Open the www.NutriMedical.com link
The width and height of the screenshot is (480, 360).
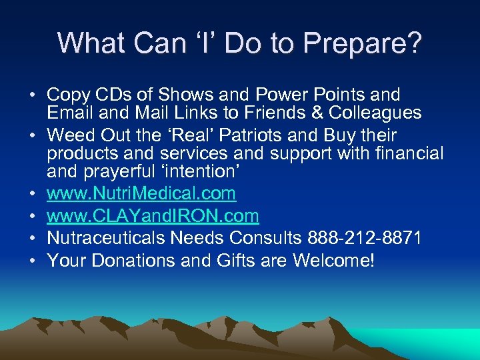click(x=141, y=194)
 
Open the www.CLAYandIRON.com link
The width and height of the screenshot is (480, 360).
click(x=153, y=216)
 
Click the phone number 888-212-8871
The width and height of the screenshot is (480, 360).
click(x=364, y=238)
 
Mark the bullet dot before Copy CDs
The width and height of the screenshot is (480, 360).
click(x=32, y=96)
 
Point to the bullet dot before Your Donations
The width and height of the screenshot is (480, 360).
click(x=32, y=261)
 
